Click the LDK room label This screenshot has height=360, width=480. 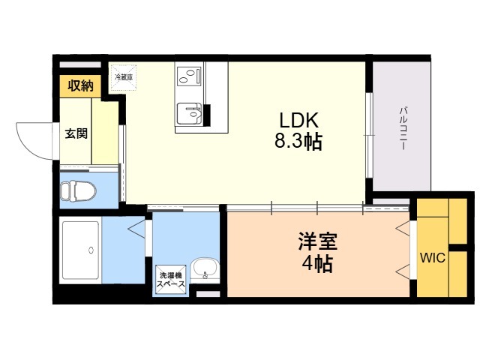299,120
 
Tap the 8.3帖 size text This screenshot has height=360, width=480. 299,142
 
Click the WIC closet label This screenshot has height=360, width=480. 433,259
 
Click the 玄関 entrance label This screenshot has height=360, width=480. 75,134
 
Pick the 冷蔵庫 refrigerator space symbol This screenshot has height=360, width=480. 124,77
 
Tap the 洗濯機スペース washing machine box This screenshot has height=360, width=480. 171,279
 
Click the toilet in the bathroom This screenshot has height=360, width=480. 77,191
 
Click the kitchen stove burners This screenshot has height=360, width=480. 190,75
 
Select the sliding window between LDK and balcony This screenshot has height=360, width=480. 369,135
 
